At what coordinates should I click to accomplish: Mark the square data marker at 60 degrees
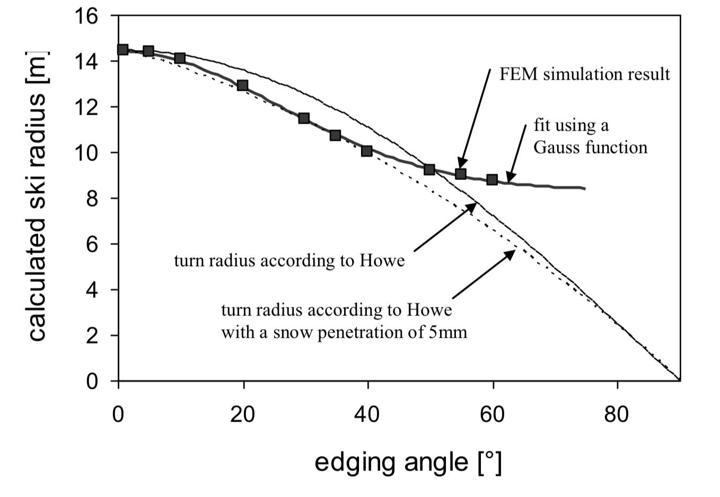(x=492, y=179)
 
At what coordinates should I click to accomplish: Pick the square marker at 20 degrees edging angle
(x=243, y=85)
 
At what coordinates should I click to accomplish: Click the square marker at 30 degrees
(x=304, y=118)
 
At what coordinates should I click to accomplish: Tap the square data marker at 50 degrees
(x=429, y=169)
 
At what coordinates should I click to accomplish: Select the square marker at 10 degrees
(x=180, y=57)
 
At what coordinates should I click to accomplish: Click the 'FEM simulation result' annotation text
(x=584, y=74)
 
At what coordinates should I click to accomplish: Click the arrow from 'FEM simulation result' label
(x=476, y=117)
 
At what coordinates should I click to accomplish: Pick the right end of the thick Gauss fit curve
(x=584, y=188)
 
